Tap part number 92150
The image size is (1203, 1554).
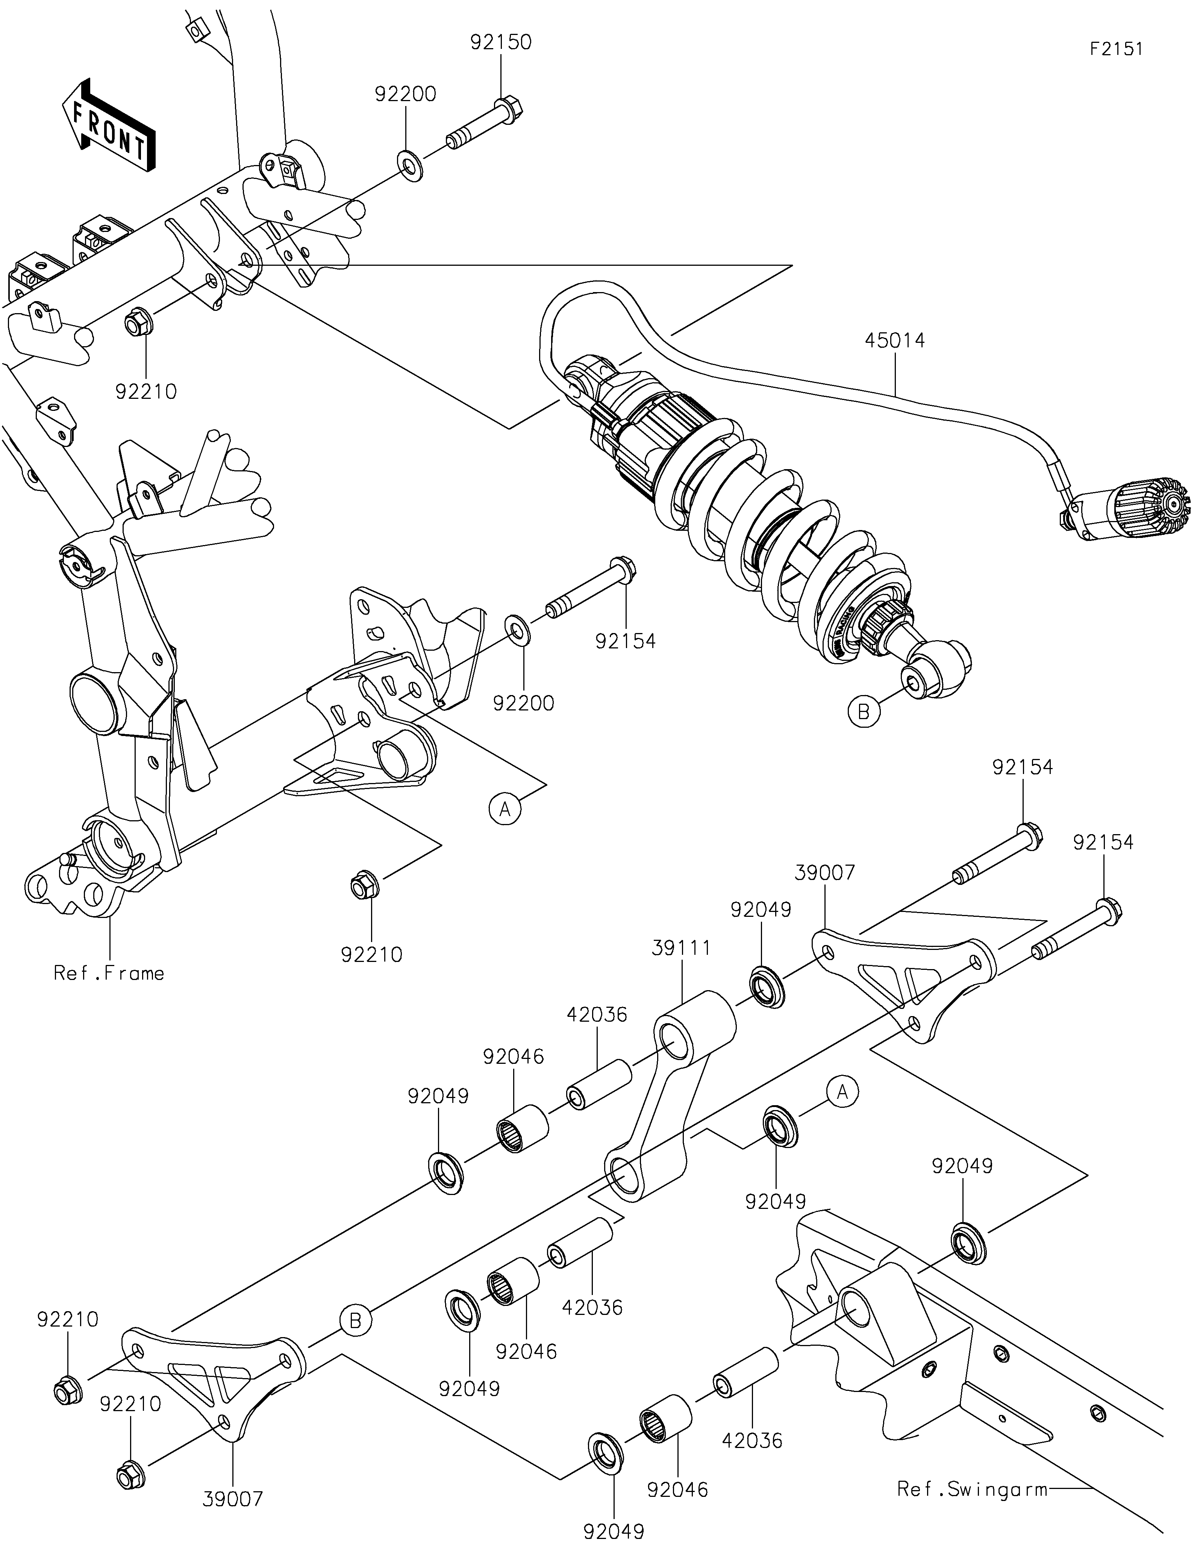tap(501, 42)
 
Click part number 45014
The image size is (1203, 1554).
tap(895, 341)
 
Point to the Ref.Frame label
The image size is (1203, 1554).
tap(109, 973)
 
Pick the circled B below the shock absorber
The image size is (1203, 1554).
tap(864, 712)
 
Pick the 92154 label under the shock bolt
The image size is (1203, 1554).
tap(625, 641)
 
